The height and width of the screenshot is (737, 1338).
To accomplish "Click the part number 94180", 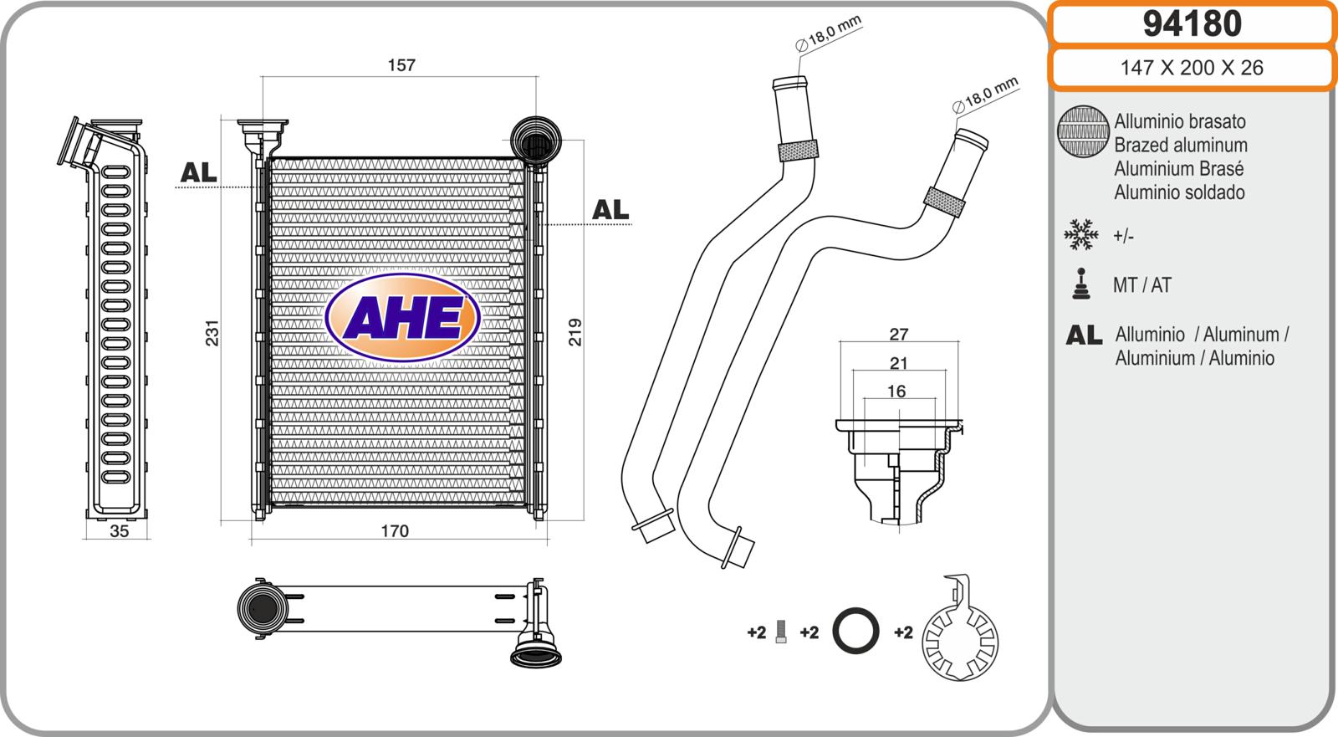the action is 1192,23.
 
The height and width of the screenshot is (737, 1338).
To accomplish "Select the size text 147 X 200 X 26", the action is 1192,68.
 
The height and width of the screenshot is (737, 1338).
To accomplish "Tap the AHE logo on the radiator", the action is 402,317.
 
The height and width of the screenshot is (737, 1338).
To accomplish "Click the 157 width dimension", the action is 401,64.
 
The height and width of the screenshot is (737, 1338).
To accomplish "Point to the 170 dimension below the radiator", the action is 395,530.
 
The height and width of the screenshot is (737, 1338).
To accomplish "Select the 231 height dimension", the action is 212,333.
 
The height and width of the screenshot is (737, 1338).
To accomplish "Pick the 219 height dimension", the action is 575,332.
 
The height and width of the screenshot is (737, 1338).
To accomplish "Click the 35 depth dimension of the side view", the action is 119,530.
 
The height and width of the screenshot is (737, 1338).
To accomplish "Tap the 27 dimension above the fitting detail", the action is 898,334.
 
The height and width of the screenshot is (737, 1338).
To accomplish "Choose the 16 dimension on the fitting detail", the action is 896,392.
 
